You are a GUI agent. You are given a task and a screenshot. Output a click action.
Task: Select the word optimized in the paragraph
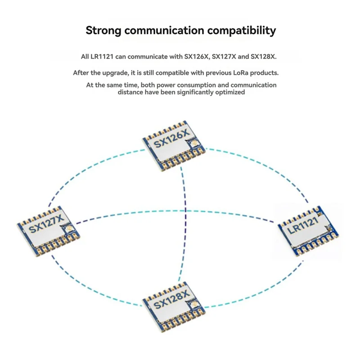230,92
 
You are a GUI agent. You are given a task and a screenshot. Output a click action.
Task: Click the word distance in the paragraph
130,92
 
